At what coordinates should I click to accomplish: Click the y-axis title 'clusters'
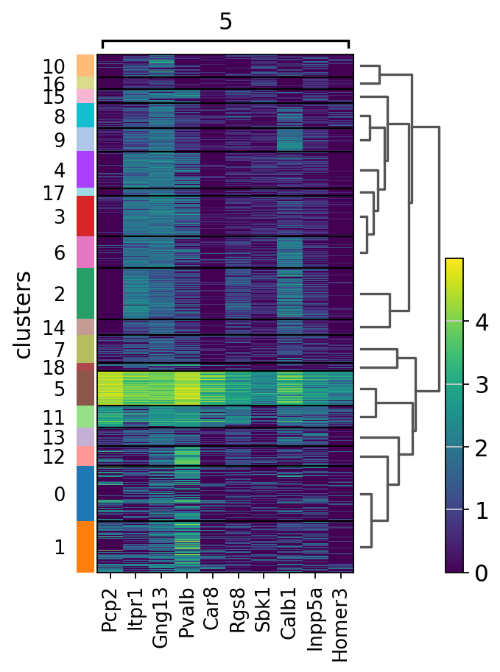(24, 314)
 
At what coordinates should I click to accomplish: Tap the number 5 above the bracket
(225, 22)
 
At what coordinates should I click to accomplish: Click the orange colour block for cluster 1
(85, 546)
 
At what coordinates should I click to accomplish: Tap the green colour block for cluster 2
(85, 293)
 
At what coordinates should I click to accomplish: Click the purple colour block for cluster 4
(85, 169)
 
